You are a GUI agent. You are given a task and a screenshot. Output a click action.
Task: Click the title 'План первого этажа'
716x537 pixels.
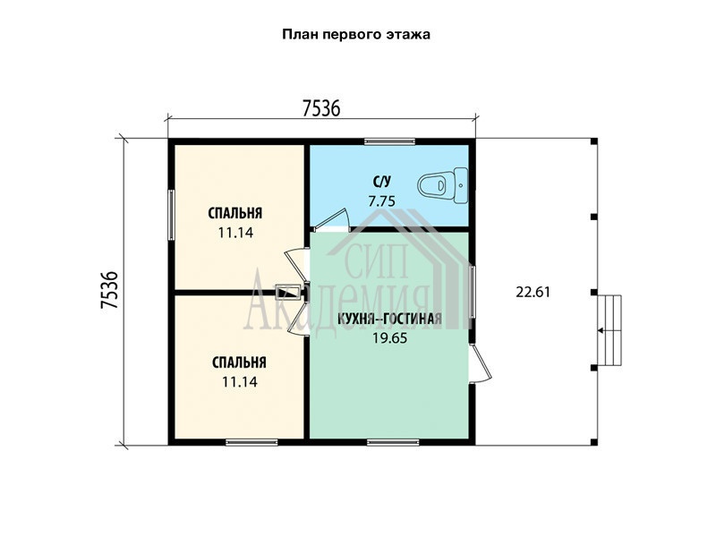click(x=355, y=35)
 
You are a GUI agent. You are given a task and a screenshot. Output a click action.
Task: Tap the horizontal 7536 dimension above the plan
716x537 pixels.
click(x=321, y=108)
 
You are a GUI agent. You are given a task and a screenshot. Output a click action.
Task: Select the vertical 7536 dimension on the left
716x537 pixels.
click(x=109, y=290)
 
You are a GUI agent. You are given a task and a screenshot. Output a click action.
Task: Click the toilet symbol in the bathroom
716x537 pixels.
click(x=442, y=185)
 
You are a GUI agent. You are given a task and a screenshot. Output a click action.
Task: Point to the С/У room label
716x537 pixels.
click(x=382, y=182)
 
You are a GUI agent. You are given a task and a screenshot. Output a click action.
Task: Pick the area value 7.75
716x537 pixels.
click(x=382, y=200)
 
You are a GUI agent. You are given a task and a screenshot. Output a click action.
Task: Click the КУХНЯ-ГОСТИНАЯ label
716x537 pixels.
click(x=389, y=319)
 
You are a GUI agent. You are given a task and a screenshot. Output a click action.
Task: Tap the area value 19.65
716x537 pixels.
click(x=389, y=338)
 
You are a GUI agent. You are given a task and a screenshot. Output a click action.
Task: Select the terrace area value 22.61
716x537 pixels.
click(x=533, y=292)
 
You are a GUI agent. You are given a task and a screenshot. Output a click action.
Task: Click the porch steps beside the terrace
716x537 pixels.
click(x=609, y=330)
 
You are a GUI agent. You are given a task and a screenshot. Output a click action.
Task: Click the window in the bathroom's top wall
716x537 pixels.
click(x=389, y=141)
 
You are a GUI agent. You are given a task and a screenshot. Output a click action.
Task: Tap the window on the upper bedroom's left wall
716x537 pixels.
click(x=171, y=215)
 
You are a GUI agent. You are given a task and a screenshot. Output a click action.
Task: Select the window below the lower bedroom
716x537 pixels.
click(x=251, y=442)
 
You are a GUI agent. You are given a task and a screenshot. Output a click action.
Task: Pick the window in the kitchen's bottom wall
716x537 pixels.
click(x=393, y=442)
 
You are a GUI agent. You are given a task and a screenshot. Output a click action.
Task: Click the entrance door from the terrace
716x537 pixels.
click(x=480, y=362)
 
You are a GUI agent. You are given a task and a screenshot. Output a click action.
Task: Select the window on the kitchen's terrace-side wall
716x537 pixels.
click(x=473, y=292)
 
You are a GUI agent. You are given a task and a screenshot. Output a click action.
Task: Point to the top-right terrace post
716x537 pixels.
click(x=594, y=141)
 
